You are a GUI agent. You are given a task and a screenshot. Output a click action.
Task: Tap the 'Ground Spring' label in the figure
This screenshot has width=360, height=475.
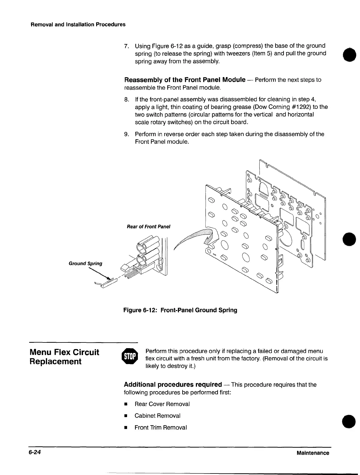pos(85,264)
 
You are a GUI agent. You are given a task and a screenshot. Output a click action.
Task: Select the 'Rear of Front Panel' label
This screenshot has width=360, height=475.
pos(148,227)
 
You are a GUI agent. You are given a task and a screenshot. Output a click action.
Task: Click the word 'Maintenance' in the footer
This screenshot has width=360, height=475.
pos(313,453)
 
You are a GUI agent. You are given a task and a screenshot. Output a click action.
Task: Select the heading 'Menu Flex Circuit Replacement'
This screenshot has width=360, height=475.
pos(64,357)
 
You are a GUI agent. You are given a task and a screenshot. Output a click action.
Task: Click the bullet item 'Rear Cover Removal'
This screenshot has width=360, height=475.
pos(162,404)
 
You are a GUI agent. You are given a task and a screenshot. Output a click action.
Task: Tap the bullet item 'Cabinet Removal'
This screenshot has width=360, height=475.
pos(157,416)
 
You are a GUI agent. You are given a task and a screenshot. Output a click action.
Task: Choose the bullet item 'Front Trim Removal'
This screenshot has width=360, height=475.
pos(161,428)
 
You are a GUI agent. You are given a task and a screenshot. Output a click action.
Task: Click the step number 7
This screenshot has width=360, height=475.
pos(126,46)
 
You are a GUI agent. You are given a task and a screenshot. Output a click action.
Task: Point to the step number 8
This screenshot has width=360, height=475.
pos(126,100)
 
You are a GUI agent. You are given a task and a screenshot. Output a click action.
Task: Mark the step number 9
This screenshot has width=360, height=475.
pos(126,134)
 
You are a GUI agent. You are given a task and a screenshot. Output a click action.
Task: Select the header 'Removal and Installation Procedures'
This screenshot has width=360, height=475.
pos(78,25)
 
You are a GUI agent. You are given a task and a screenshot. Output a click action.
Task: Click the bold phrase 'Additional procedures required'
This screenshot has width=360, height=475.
pos(173,385)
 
